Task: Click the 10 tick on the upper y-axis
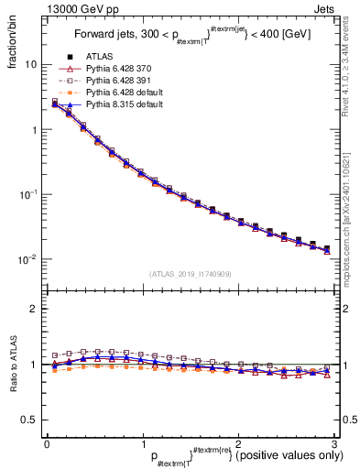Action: (30, 65)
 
